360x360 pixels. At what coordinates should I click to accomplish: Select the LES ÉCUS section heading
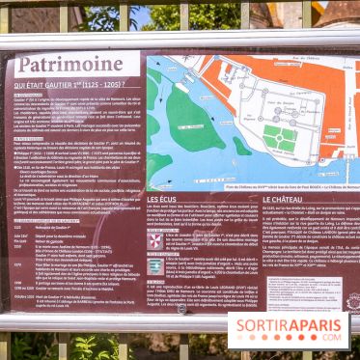[x=161, y=200]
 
